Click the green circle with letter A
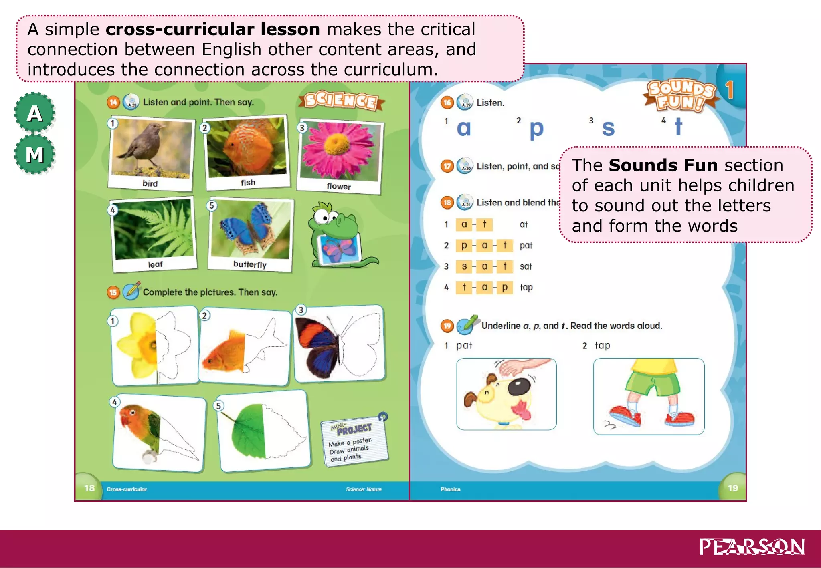pyautogui.click(x=34, y=113)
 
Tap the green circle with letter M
pyautogui.click(x=34, y=155)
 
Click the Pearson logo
pyautogui.click(x=752, y=547)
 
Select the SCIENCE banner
pyautogui.click(x=341, y=101)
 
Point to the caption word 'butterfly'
pyautogui.click(x=250, y=264)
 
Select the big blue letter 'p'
pyautogui.click(x=536, y=129)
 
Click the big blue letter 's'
pyautogui.click(x=608, y=128)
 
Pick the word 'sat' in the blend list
pyautogui.click(x=526, y=266)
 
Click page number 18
pyautogui.click(x=89, y=488)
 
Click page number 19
pyautogui.click(x=733, y=488)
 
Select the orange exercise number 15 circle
pyautogui.click(x=113, y=292)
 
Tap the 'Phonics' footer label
pyautogui.click(x=450, y=489)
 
